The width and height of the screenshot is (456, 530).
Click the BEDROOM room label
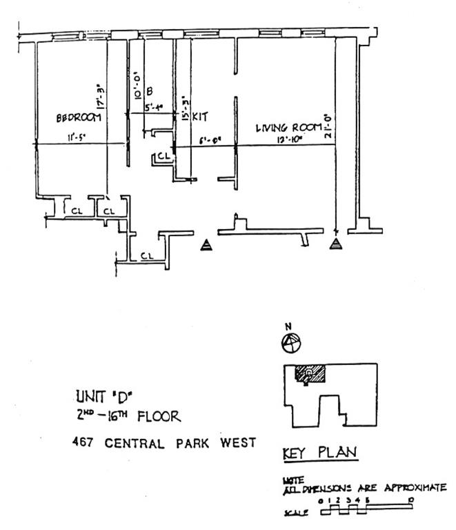point(79,118)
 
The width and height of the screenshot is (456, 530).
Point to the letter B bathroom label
point(150,90)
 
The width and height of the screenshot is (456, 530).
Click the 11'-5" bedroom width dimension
point(76,137)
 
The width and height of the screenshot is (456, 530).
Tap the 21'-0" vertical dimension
point(328,126)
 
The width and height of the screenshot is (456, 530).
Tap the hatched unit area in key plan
point(310,373)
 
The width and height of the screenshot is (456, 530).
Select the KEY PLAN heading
point(319,453)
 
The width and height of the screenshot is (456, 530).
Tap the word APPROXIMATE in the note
point(414,488)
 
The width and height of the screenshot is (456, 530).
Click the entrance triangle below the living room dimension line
point(335,244)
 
